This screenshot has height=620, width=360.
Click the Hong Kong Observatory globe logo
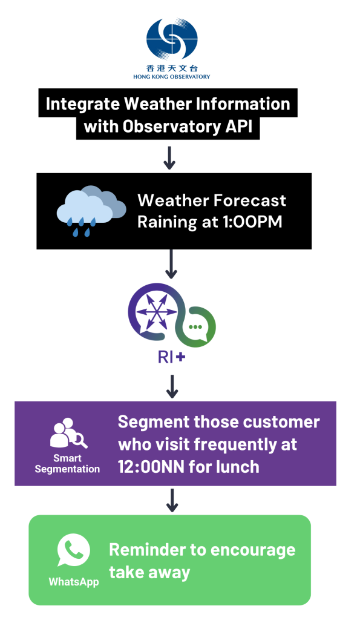point(172,39)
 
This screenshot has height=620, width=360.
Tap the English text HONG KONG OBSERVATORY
point(171,77)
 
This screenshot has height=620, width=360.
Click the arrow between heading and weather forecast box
point(169,158)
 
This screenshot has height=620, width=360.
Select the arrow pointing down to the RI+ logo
point(171,264)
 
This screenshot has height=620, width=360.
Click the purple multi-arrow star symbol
point(157,312)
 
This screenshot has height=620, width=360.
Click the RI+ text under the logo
point(171,357)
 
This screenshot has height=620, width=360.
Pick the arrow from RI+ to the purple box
point(172,386)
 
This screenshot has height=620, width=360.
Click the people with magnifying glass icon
point(68,432)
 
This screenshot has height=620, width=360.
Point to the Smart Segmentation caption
point(67,463)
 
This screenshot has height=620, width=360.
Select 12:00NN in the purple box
point(151,467)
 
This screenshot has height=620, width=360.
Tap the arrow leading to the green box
point(172,500)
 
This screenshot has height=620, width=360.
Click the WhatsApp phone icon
point(73,550)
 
